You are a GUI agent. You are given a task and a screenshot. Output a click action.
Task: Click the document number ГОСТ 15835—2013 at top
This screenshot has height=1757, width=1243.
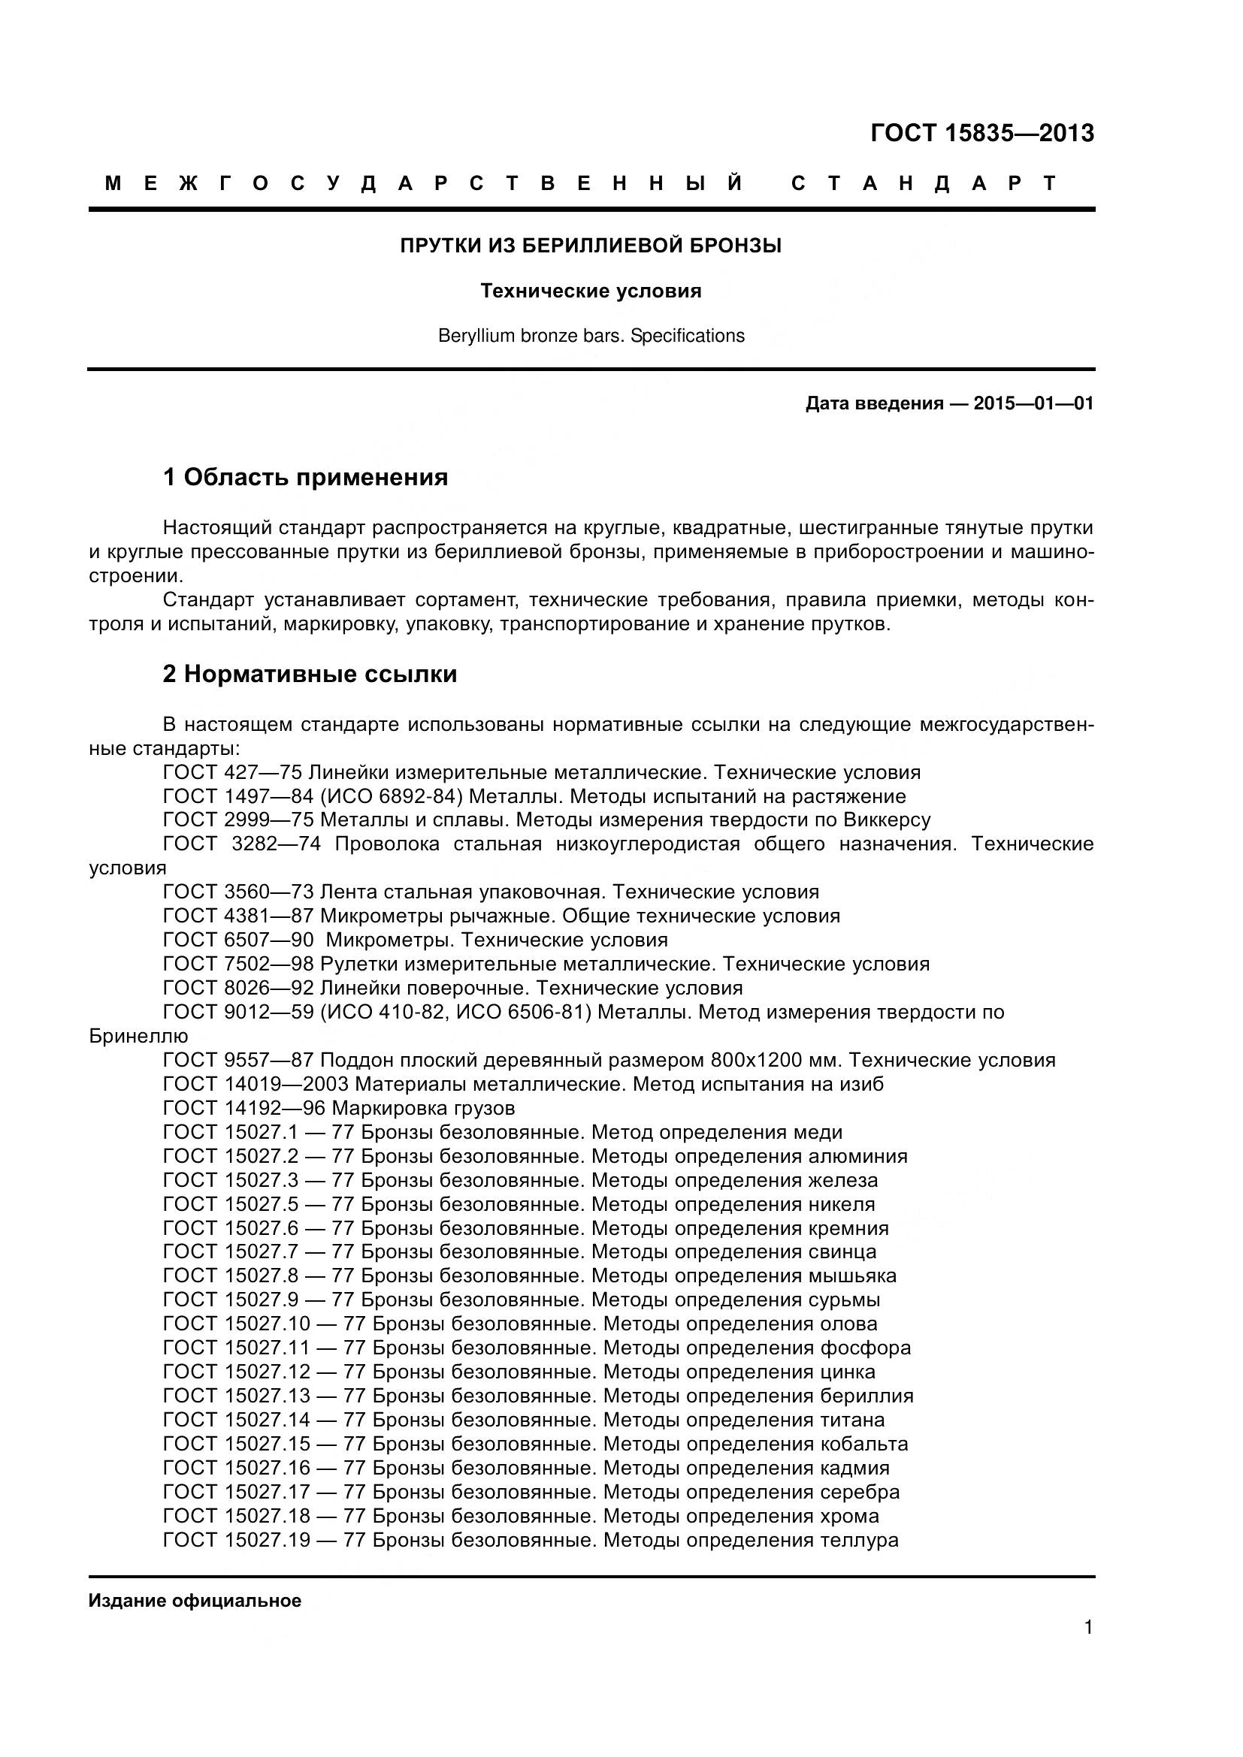tap(982, 134)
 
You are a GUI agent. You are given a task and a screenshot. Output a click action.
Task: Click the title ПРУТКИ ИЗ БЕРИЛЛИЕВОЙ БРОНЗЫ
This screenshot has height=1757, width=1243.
tap(591, 246)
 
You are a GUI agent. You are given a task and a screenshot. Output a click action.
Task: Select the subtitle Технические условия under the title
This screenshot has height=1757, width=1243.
tap(591, 291)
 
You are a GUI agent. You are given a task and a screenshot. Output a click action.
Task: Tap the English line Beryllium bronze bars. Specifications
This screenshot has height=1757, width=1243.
tap(591, 336)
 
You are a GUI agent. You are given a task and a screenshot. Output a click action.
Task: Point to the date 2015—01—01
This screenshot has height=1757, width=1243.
tap(1033, 403)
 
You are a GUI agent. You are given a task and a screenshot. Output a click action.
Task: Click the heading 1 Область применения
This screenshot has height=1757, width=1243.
tap(305, 478)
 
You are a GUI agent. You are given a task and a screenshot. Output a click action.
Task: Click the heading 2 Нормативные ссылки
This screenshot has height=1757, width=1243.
tap(310, 674)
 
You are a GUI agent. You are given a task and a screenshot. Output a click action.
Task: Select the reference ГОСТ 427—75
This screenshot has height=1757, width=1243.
tap(233, 772)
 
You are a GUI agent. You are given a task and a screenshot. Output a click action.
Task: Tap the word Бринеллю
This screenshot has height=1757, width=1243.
tap(138, 1036)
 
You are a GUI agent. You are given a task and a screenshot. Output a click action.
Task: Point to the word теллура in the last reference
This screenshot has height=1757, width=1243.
tap(859, 1540)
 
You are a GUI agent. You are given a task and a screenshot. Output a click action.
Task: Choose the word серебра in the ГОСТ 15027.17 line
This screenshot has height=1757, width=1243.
tap(860, 1492)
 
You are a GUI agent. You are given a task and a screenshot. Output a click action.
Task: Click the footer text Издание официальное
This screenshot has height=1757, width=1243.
tap(195, 1601)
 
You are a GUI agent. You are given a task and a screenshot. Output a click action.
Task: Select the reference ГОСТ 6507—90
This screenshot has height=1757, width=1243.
tap(238, 940)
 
